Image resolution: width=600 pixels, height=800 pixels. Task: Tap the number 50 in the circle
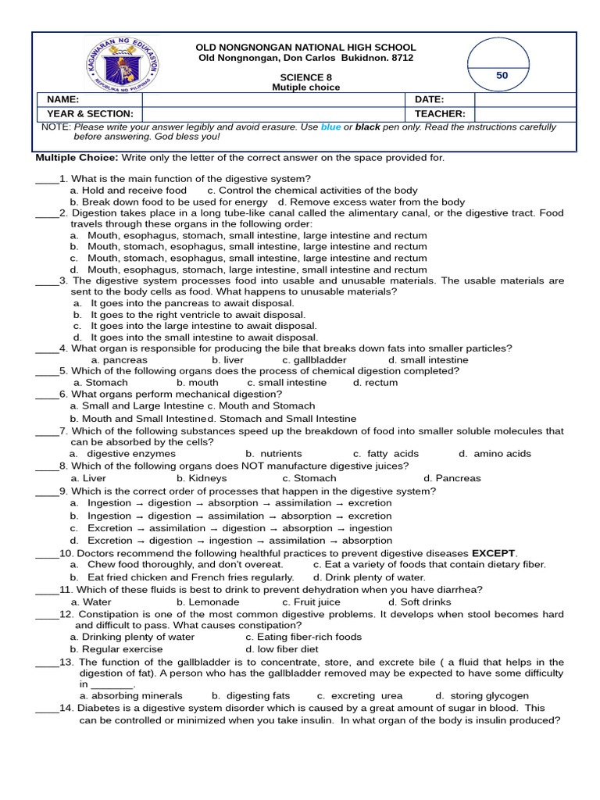pos(502,75)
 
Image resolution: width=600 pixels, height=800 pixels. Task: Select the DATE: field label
pos(430,100)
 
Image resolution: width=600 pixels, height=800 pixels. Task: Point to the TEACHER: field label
pos(440,114)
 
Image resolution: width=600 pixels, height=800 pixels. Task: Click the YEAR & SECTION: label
pos(90,114)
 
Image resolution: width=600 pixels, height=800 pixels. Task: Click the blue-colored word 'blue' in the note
pos(330,127)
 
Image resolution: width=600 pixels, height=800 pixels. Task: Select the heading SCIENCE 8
pos(305,77)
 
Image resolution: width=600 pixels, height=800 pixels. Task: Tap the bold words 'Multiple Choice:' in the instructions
pos(74,158)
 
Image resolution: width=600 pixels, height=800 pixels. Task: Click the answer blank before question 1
pos(46,179)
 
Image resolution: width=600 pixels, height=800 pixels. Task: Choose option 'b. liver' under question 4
pos(227,360)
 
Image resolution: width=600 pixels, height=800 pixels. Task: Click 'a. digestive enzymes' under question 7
pos(123,453)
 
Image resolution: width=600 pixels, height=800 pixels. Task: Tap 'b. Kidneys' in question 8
pos(202,478)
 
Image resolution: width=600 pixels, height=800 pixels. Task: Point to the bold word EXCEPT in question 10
pos(493,553)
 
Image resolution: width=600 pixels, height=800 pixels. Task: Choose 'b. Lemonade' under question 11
pos(208,602)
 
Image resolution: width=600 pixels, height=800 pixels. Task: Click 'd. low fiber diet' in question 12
pos(281,649)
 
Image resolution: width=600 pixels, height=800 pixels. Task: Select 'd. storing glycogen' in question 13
pos(482,695)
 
